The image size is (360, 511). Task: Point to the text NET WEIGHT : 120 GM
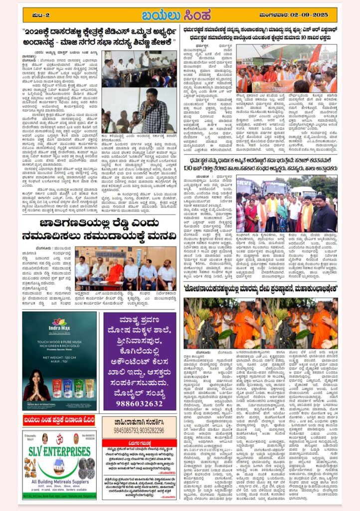click(59, 357)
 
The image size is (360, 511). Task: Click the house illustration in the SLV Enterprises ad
click(59, 466)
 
